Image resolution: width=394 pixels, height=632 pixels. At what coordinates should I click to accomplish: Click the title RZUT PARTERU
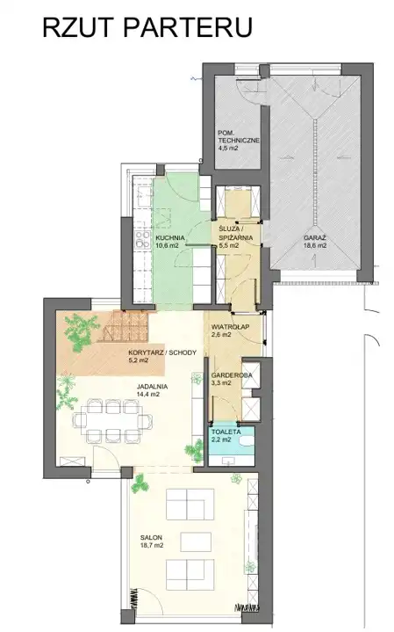point(147,27)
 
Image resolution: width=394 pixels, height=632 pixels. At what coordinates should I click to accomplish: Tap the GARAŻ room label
point(315,238)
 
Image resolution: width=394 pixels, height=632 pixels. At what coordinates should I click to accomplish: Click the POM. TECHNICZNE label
point(239,136)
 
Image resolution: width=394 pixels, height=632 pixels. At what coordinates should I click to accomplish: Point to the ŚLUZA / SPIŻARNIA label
point(236,234)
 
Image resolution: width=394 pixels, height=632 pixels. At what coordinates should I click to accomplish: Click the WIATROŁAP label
point(230,327)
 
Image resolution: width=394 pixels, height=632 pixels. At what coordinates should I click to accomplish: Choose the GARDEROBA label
point(232,375)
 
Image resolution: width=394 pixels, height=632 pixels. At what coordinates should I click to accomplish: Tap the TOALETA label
point(226,432)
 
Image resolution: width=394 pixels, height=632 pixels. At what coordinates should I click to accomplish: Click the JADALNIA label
point(152,387)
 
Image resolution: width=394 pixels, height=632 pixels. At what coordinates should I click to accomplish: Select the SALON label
point(151,537)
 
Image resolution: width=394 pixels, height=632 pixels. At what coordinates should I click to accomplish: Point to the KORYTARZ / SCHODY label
point(161,352)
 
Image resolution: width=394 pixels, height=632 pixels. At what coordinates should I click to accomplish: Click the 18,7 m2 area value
point(152,545)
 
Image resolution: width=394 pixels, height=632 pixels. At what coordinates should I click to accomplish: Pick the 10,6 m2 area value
point(167,245)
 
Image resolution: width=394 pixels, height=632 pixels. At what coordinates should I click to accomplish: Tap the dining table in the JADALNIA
point(112,420)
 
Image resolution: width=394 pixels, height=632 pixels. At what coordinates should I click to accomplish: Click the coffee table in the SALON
point(196,541)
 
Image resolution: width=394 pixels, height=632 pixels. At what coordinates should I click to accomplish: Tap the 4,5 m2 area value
point(228,148)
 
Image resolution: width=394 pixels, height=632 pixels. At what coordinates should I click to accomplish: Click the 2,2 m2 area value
point(222,439)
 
